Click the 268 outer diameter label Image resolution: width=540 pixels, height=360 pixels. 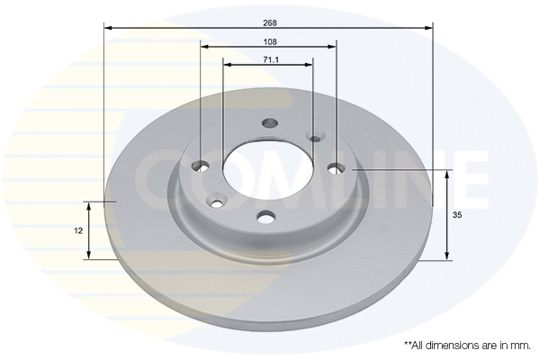click(270, 23)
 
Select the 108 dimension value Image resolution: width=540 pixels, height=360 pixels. click(270, 42)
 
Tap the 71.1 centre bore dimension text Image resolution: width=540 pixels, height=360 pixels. click(271, 60)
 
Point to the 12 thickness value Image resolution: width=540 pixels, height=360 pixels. click(78, 230)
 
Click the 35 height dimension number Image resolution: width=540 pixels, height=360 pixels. click(457, 215)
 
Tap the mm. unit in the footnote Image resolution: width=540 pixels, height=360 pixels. click(522, 346)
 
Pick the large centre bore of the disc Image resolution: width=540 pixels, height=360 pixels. click(268, 170)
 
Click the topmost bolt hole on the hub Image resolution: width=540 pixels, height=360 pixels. click(270, 122)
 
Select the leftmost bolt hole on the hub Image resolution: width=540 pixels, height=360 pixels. click(200, 166)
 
